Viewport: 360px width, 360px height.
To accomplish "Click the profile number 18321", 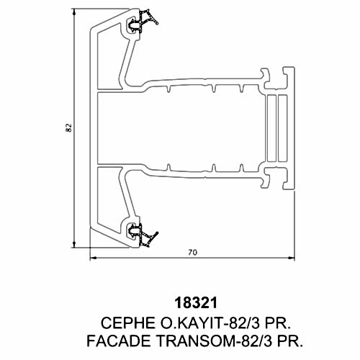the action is coord(196,303).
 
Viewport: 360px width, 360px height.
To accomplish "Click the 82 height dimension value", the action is coord(68,127).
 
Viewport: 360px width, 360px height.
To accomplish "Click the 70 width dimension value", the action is coord(192,253).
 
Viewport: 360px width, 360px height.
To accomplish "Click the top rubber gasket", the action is coord(143,20).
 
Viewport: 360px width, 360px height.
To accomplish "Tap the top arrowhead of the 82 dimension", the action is coord(74,11).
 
